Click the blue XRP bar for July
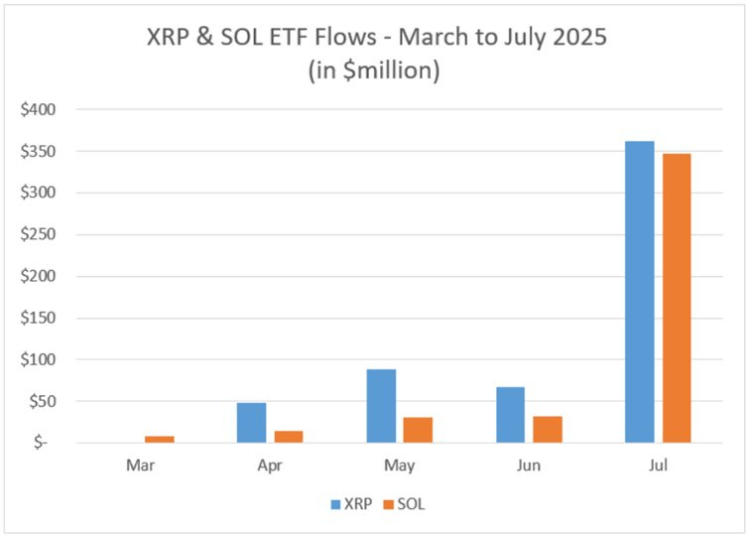click(639, 292)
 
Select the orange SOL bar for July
click(677, 298)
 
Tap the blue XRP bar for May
click(381, 406)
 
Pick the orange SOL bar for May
click(418, 430)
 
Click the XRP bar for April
click(251, 423)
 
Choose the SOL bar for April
click(289, 437)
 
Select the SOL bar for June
click(548, 429)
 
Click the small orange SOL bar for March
click(160, 439)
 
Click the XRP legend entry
click(353, 503)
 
